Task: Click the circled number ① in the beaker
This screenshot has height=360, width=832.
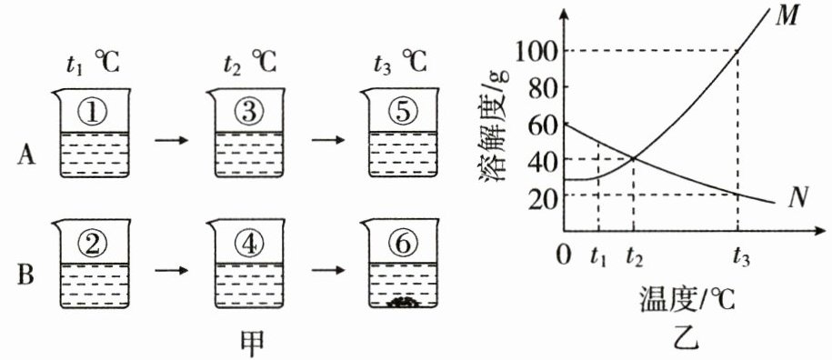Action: [94, 113]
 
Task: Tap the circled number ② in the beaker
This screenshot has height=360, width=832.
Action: [94, 244]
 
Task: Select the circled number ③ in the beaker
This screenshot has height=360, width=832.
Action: [248, 113]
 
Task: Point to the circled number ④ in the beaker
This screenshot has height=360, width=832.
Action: [248, 244]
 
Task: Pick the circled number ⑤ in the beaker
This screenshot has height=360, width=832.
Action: [403, 113]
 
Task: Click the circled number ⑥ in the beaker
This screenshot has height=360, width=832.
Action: [403, 244]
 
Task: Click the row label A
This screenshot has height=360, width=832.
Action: [25, 155]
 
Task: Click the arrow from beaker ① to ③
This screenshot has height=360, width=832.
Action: [171, 141]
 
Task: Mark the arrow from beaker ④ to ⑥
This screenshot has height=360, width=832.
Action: [328, 270]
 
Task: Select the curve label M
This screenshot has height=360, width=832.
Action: [786, 17]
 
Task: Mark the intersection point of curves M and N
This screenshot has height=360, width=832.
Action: [634, 158]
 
